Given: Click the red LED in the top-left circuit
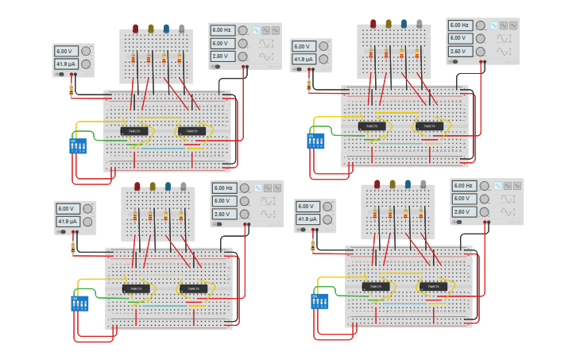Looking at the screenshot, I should [135, 29].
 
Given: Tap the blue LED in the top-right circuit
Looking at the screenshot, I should [404, 24].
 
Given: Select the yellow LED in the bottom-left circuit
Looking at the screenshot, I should [153, 187].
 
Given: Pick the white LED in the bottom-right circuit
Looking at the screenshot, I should [423, 184].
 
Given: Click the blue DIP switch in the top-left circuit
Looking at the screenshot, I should [78, 145].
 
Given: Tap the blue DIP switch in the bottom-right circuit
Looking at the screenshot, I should [320, 301].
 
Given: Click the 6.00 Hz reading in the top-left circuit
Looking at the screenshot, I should [222, 30].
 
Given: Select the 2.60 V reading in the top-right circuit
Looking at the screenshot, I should [458, 51].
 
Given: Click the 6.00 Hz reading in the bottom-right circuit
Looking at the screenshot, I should [463, 186].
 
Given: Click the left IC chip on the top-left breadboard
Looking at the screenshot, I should [134, 131].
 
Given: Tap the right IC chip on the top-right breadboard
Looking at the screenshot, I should [429, 126].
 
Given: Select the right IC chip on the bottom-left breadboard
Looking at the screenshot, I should [193, 288].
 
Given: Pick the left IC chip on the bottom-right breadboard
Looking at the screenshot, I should [376, 286].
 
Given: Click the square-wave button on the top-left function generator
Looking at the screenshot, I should [257, 30].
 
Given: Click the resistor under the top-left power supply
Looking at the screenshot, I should [72, 91].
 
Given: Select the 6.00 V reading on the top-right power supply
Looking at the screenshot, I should [303, 46].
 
